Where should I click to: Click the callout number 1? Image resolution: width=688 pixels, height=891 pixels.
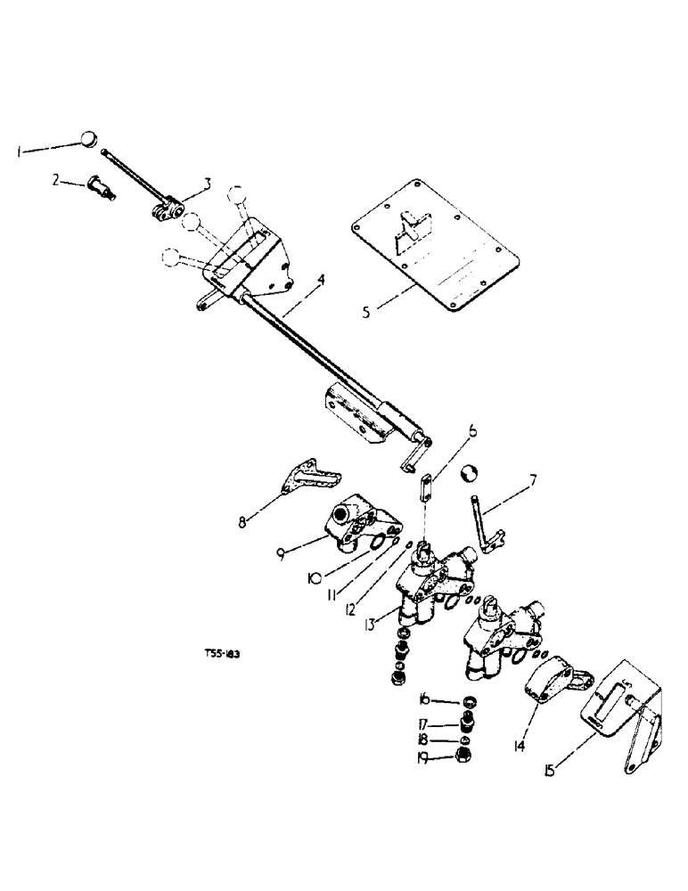tap(20, 153)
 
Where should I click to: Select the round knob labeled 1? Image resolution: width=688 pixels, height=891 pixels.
tap(87, 139)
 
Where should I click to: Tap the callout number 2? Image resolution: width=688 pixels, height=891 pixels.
tap(55, 180)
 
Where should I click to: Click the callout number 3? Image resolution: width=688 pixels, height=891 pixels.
tap(207, 184)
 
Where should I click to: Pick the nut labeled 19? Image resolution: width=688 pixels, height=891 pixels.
tap(464, 758)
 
